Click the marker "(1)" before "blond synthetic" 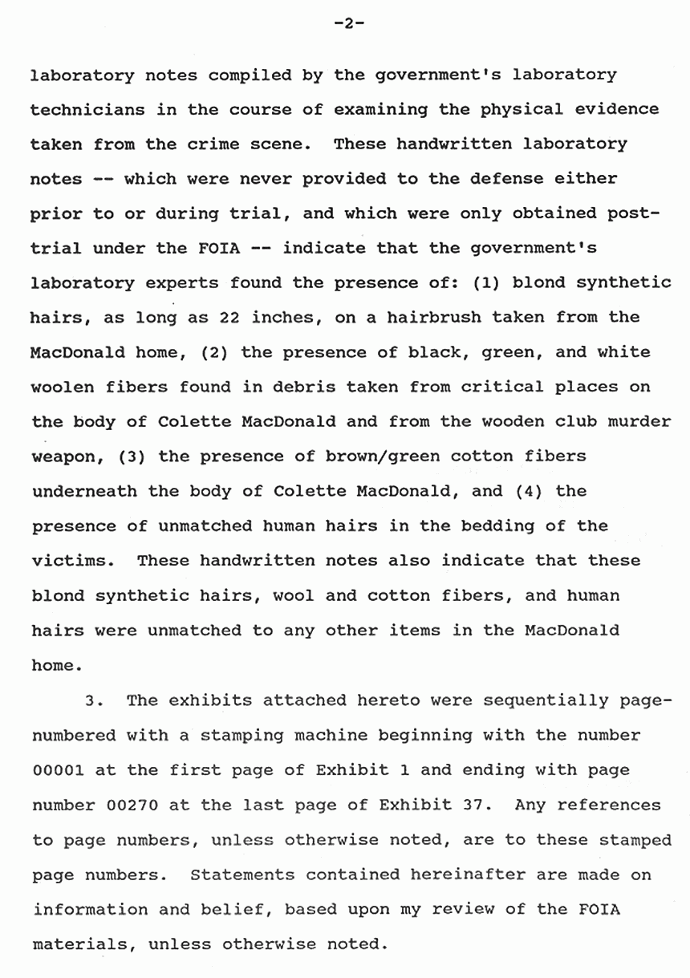click(x=481, y=282)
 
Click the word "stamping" click(x=241, y=735)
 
